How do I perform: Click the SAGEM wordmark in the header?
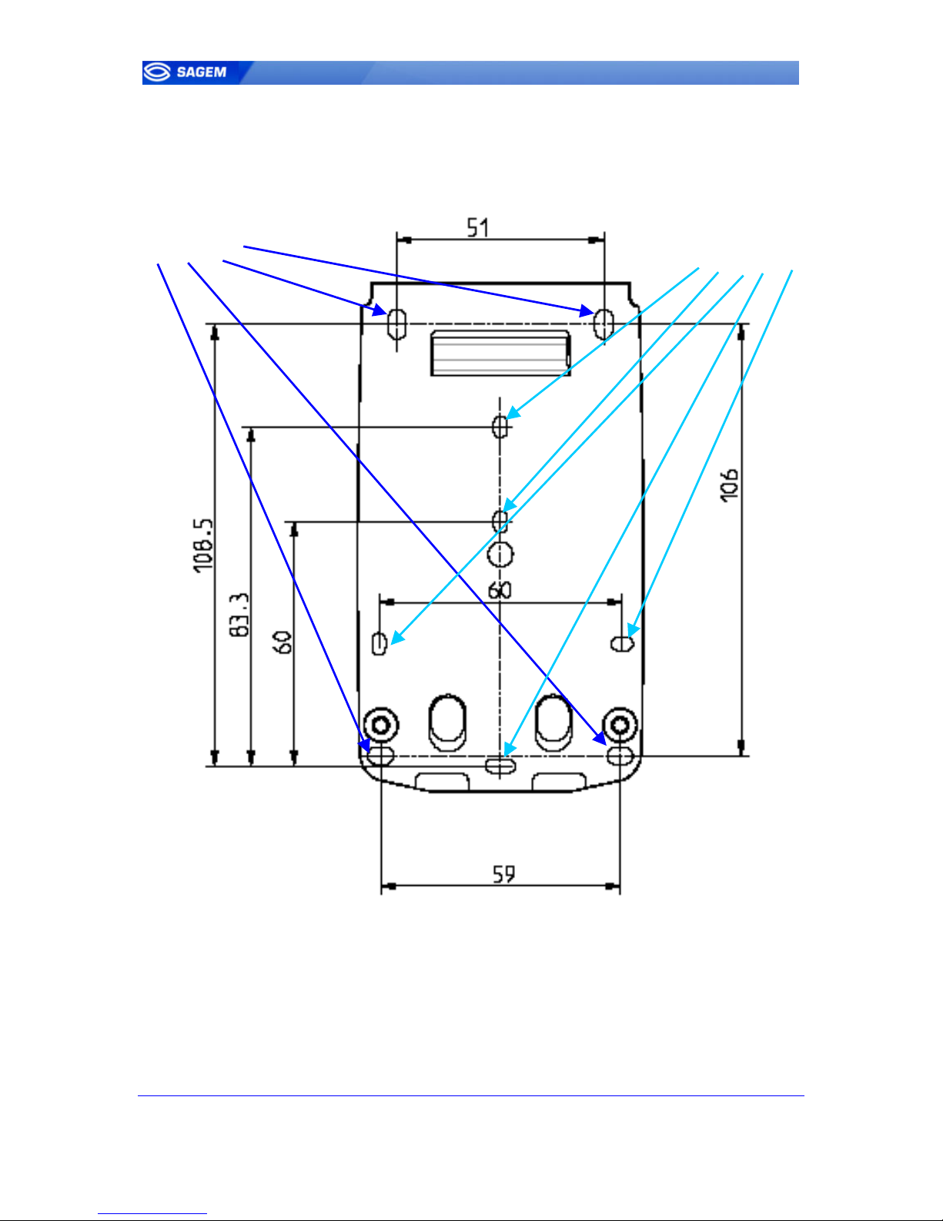[202, 72]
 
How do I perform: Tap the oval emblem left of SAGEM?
[156, 72]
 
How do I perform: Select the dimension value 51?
[478, 227]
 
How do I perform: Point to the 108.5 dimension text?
[204, 545]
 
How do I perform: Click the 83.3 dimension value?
[239, 615]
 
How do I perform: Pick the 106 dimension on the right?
[729, 485]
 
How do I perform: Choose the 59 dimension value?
[503, 874]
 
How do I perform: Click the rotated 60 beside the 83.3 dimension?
[283, 642]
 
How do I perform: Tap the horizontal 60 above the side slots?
[500, 591]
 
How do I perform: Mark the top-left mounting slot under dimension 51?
[397, 324]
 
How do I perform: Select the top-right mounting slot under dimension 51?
[604, 324]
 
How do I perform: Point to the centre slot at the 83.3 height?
[500, 427]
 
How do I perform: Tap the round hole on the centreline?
[500, 555]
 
